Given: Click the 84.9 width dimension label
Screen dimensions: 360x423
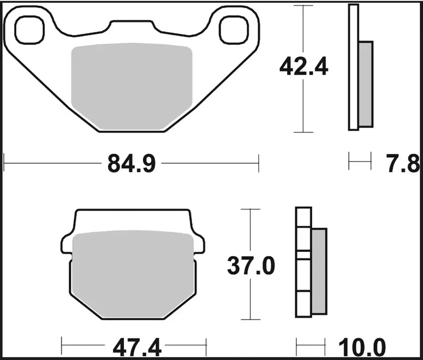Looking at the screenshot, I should [x=132, y=163].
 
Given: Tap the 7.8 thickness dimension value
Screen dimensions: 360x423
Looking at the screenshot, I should [x=404, y=163].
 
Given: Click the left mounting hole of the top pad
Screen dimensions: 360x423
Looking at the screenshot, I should [x=29, y=30].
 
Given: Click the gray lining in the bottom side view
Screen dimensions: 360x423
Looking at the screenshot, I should [x=319, y=271].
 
